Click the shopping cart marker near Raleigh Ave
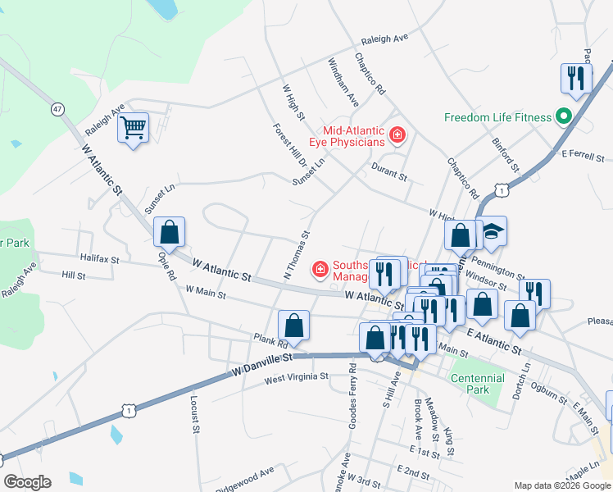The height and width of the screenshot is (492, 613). (x=133, y=128)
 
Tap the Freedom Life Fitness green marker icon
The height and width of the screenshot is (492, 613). (x=563, y=116)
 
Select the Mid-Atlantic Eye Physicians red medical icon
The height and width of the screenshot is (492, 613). (x=397, y=134)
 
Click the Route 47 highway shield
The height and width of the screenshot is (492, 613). (x=57, y=108)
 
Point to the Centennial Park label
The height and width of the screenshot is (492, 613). (x=478, y=383)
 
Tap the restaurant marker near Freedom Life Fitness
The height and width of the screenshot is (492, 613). (x=575, y=78)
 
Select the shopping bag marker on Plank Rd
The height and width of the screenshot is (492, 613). (x=294, y=326)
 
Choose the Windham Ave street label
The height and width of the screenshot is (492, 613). (x=343, y=82)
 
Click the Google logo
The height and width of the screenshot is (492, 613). (x=27, y=481)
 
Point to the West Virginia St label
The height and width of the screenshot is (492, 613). (x=296, y=377)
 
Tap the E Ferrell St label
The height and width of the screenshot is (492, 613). (x=583, y=156)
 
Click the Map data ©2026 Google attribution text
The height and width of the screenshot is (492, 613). (x=561, y=485)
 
